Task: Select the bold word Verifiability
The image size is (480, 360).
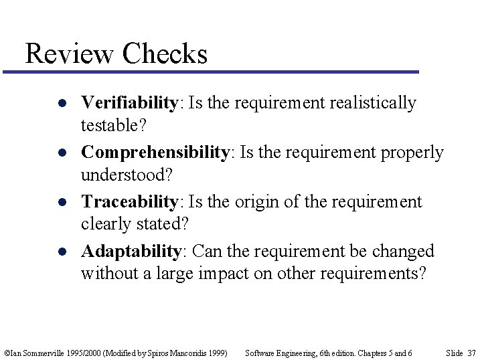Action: (x=129, y=103)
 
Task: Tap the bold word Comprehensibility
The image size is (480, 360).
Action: (x=155, y=153)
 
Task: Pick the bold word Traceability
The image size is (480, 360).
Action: (x=130, y=202)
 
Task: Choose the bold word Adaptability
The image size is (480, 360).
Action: (x=131, y=252)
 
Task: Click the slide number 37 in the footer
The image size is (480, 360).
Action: (x=471, y=353)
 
